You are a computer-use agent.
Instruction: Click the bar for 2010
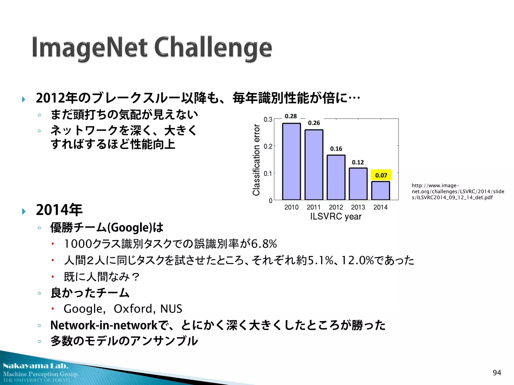[291, 162]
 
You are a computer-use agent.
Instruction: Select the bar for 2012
[336, 177]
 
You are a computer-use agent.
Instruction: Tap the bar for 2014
[380, 190]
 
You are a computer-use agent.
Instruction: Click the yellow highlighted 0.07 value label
[381, 175]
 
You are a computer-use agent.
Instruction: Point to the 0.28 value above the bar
[291, 116]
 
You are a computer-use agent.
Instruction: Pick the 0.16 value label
[336, 149]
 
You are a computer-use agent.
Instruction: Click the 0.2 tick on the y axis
[268, 146]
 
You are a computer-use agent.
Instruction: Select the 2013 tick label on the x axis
[358, 207]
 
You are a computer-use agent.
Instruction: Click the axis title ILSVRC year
[336, 217]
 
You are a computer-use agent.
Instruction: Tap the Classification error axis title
[256, 160]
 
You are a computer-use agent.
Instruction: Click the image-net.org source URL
[458, 191]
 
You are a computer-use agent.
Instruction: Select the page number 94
[497, 373]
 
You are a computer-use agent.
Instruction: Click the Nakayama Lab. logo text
[36, 366]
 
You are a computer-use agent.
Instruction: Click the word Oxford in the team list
[133, 309]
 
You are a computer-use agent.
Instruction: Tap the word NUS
[171, 309]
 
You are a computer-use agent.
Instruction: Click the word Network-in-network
[104, 325]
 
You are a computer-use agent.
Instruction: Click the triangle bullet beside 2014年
[24, 211]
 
